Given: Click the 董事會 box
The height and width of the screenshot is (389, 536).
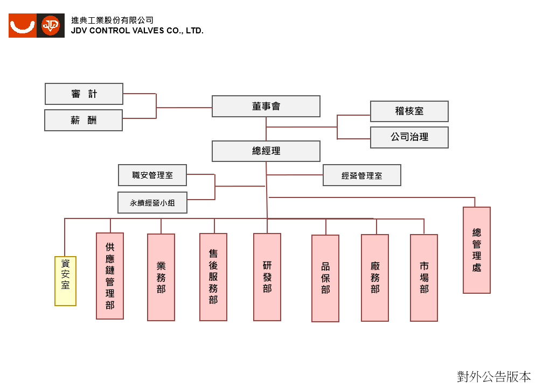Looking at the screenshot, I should click(x=266, y=106).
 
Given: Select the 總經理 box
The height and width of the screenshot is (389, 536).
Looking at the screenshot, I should click(x=266, y=151).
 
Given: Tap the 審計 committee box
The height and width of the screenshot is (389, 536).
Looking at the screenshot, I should click(x=84, y=94).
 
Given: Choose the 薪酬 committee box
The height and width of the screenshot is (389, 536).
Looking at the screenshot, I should click(x=83, y=120).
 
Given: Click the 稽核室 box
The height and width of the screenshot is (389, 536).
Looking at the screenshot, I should click(x=409, y=111).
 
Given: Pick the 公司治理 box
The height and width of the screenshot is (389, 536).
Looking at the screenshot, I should click(x=409, y=137).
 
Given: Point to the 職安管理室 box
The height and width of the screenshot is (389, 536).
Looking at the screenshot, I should click(x=152, y=175).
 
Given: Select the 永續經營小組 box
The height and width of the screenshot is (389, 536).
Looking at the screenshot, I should click(x=152, y=202).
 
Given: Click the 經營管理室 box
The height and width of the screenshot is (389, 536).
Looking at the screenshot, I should click(x=362, y=175).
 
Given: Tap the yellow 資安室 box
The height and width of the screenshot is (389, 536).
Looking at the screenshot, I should click(x=65, y=281).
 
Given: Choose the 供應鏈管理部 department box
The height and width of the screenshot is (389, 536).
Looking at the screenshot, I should click(x=110, y=276).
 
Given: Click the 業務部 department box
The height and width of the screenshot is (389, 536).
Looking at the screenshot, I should click(x=161, y=277).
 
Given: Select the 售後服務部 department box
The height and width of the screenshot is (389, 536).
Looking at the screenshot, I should click(x=213, y=277).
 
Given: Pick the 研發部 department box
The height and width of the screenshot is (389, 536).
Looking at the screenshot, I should click(x=267, y=277).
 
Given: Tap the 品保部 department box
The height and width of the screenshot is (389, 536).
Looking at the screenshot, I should click(x=325, y=278).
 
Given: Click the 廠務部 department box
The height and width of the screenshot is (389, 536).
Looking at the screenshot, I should click(x=375, y=278).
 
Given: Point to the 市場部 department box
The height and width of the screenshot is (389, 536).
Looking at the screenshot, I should click(x=424, y=278).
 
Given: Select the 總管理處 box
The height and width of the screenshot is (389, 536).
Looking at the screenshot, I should click(x=477, y=250).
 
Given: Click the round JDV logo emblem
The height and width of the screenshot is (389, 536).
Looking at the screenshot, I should click(x=51, y=26).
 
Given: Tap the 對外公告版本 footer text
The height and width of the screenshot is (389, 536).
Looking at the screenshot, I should click(x=494, y=377).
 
